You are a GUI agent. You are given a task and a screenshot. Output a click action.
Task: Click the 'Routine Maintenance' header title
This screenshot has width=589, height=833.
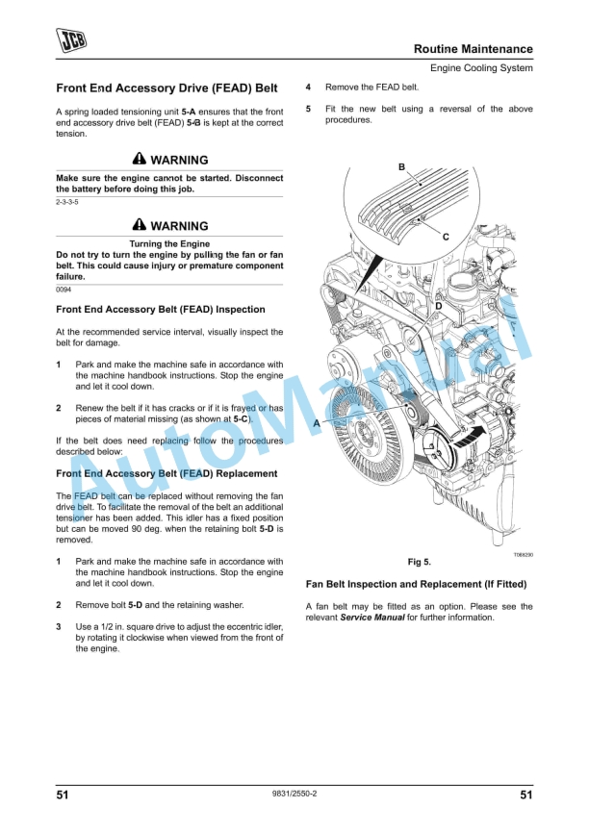point(473,49)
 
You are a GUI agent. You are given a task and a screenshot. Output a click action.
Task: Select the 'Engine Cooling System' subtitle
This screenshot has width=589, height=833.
point(480,68)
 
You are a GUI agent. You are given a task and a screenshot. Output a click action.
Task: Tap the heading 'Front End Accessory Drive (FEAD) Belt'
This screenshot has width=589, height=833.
point(166,88)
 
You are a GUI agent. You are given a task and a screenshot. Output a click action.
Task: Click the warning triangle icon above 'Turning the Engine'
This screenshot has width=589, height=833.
point(140,226)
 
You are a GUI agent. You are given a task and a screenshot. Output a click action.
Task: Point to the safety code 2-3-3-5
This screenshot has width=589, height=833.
point(67,203)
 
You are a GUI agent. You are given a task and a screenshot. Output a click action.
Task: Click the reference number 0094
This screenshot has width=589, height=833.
point(64,289)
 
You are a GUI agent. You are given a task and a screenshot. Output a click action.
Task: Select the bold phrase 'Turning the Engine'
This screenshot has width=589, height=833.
point(169,244)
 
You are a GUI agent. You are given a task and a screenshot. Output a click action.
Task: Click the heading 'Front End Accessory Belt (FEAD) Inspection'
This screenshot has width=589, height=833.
point(161,310)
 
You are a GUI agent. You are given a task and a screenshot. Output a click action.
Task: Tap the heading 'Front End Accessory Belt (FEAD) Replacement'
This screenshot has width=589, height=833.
point(166,473)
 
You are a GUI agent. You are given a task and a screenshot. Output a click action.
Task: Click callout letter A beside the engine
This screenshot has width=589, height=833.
point(317,423)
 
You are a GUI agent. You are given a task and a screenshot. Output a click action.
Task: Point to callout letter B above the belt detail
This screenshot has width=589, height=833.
point(401,167)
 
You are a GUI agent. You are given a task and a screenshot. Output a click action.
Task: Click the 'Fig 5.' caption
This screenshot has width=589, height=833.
point(420,562)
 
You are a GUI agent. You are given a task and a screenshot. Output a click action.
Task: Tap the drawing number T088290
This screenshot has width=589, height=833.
point(521,554)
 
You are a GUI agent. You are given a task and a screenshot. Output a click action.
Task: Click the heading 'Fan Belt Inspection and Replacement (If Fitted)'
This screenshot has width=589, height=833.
point(416,584)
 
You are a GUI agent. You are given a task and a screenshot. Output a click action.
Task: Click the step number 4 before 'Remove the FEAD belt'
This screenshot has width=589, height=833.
point(308,87)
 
